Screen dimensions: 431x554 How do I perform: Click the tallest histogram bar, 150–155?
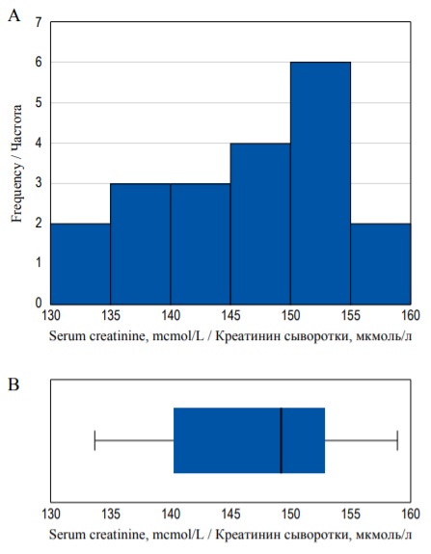320,183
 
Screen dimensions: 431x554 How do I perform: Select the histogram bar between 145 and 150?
260,224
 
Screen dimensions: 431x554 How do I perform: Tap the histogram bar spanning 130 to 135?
81,264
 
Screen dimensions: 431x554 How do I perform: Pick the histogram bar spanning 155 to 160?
381,264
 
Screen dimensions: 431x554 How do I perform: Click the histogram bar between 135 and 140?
141,244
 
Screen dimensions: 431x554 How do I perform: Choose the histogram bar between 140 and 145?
201,244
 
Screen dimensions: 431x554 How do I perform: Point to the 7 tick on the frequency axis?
39,22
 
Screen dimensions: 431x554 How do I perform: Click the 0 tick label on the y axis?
39,303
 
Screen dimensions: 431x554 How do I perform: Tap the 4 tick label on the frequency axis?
39,144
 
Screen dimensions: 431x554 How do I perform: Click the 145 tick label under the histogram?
230,315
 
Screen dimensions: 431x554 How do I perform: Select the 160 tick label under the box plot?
411,514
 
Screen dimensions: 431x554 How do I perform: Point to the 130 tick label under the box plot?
51,514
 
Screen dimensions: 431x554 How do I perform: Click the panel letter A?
14,15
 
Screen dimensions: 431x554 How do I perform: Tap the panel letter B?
13,384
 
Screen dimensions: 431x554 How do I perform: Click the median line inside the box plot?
282,440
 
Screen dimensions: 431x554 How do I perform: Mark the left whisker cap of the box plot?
94,440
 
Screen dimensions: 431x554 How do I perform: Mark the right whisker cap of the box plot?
397,440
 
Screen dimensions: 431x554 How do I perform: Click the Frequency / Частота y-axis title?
16,163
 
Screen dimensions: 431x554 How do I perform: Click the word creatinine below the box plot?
118,534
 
